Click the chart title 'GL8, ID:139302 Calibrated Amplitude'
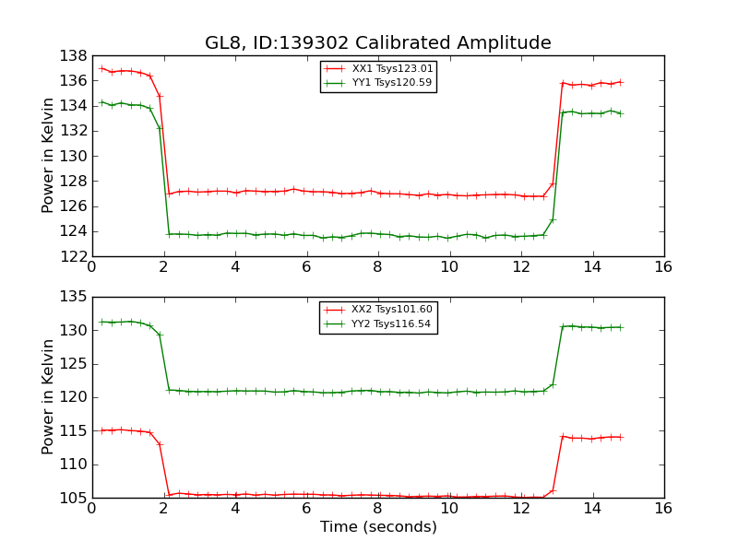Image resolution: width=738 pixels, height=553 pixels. (378, 43)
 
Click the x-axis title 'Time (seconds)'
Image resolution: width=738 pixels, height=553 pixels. (378, 527)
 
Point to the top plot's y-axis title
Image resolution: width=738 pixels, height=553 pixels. (49, 156)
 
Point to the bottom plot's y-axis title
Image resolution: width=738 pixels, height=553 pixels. (49, 397)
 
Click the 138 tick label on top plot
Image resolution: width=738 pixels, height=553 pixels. (73, 55)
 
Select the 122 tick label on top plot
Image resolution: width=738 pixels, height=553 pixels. (73, 256)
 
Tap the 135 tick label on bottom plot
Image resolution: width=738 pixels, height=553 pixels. (73, 297)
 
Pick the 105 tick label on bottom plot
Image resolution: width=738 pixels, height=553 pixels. (73, 498)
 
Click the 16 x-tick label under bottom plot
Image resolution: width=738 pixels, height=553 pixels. (663, 508)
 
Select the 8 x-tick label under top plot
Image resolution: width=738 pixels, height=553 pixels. (377, 266)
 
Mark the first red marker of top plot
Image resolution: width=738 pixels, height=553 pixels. (101, 68)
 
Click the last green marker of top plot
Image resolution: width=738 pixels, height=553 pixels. (620, 113)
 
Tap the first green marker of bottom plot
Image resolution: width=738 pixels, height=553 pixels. (101, 322)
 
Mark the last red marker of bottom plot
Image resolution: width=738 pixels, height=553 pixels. (620, 437)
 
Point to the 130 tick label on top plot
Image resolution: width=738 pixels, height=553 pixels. (73, 156)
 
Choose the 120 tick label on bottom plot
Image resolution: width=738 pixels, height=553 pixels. (73, 397)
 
